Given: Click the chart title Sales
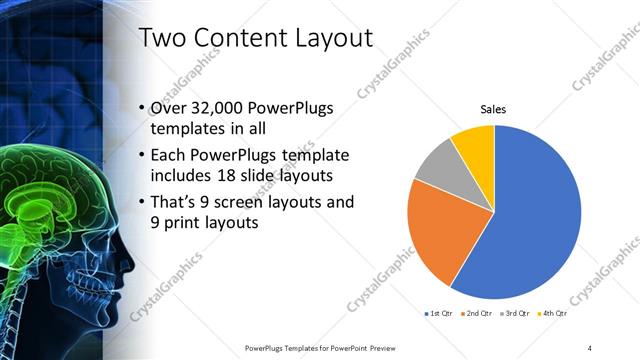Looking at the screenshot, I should coord(494,108).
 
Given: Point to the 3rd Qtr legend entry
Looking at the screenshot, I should coord(514,314).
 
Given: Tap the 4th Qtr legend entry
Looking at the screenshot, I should coord(552,314).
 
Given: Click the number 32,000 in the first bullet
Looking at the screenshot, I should coord(219,108).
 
